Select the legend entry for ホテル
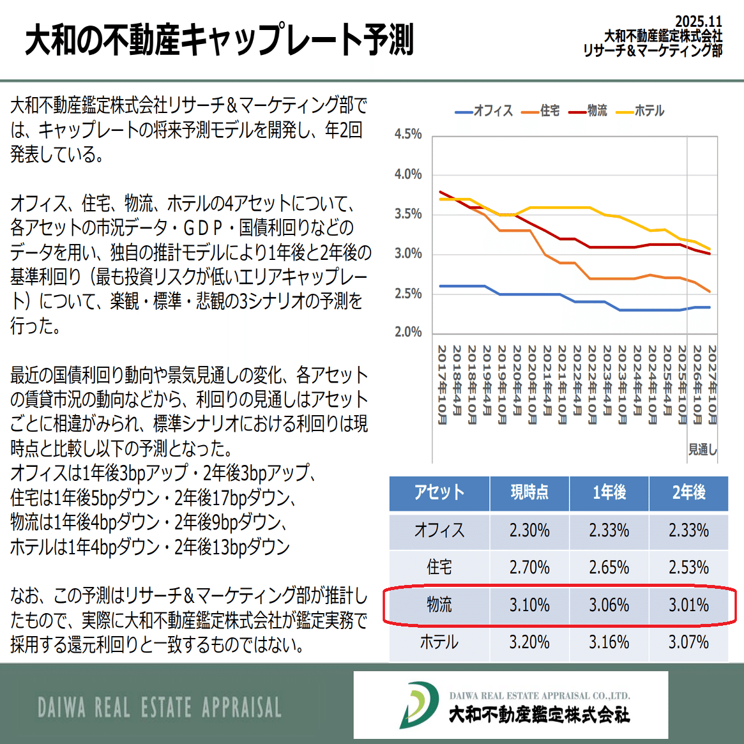coord(641,111)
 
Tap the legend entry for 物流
coord(588,111)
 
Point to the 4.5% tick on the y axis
coord(408,135)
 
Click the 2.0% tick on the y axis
coord(408,332)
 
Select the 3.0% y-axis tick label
coord(408,254)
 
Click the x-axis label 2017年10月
coord(441,384)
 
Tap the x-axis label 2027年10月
coord(712,384)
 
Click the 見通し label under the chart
coord(702,450)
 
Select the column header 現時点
coord(529,492)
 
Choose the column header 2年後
coord(688,492)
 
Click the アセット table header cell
coord(439,492)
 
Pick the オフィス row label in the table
coord(439,530)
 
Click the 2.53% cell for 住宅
coord(688,567)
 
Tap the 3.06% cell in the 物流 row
coord(609,605)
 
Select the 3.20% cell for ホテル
coord(529,642)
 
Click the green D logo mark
coord(419,705)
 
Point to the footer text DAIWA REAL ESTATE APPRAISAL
coord(160,708)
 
